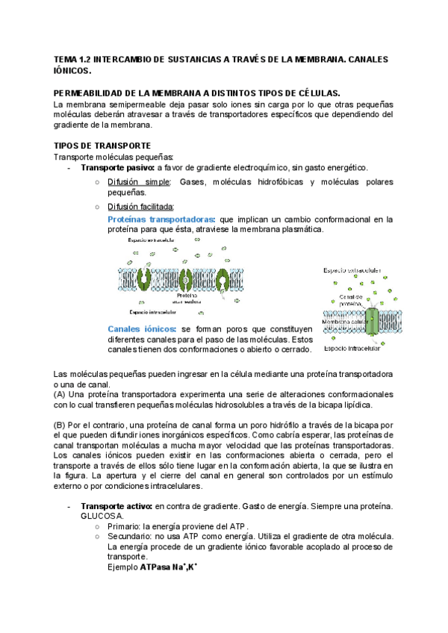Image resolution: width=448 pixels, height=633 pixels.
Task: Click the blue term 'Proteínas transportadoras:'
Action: pos(161,219)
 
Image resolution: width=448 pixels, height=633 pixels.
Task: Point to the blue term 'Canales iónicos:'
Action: pos(142,328)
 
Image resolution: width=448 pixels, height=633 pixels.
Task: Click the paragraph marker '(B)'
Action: pos(60,425)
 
